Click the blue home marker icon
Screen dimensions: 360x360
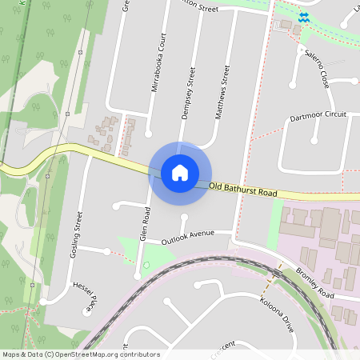(180, 173)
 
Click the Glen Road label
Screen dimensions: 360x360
(145, 225)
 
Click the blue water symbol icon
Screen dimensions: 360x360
(303, 16)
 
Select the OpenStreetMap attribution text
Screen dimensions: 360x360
(80, 354)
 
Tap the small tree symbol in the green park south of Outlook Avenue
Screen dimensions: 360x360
(146, 264)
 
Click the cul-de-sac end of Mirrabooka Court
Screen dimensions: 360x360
(149, 132)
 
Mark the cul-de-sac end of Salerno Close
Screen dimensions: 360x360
(294, 83)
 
